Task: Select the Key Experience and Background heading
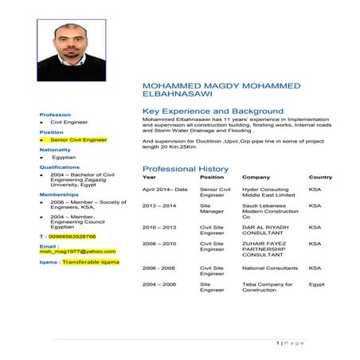(x=212, y=111)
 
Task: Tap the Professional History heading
(x=185, y=169)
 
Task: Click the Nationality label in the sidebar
(x=55, y=149)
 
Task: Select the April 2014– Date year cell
(x=165, y=190)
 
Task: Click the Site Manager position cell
(x=211, y=209)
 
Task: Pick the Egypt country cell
(x=316, y=284)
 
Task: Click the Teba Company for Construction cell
(x=267, y=287)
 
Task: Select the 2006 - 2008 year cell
(x=159, y=268)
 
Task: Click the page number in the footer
(x=278, y=342)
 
